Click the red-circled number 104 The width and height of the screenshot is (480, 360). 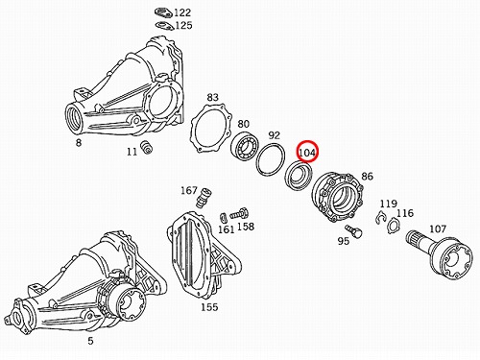tap(307, 153)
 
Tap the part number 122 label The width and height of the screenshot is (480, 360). tap(182, 12)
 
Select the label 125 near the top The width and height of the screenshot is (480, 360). tap(184, 25)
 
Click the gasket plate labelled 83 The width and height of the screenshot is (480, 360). tap(210, 130)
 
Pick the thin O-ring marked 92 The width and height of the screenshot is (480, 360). tap(271, 160)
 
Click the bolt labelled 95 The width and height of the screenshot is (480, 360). tap(353, 230)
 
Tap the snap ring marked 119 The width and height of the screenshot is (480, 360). tap(381, 218)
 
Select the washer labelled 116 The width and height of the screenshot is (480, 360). tap(394, 226)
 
